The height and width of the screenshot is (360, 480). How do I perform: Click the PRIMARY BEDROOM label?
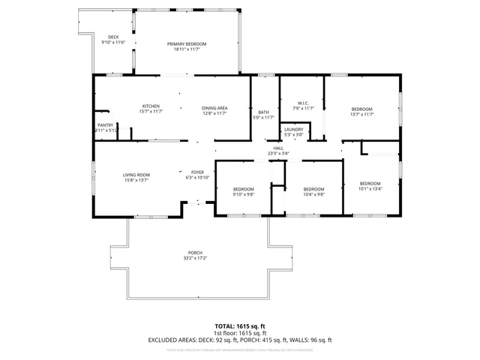pyautogui.click(x=186, y=44)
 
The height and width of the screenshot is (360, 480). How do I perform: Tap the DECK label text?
pyautogui.click(x=113, y=37)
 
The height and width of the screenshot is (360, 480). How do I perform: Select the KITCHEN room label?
pyautogui.click(x=151, y=106)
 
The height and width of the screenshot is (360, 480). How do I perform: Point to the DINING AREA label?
pyautogui.click(x=214, y=108)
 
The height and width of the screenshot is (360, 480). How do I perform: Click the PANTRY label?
pyautogui.click(x=105, y=125)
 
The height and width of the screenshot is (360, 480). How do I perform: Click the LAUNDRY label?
pyautogui.click(x=294, y=130)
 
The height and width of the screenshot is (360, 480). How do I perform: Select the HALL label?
pyautogui.click(x=278, y=148)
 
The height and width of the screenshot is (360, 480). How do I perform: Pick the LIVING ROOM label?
pyautogui.click(x=136, y=175)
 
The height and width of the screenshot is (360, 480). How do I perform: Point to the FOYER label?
pyautogui.click(x=196, y=172)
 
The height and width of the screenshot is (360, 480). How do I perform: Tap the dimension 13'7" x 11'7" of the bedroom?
pyautogui.click(x=361, y=114)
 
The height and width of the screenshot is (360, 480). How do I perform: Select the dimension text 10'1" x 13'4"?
pyautogui.click(x=370, y=189)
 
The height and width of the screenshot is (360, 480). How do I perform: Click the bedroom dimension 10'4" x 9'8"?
pyautogui.click(x=313, y=193)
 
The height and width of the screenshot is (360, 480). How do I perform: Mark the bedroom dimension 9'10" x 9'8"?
pyautogui.click(x=243, y=193)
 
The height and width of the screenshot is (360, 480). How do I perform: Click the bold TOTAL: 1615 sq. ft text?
pyautogui.click(x=240, y=326)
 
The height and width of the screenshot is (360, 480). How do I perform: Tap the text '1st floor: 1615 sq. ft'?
pyautogui.click(x=240, y=333)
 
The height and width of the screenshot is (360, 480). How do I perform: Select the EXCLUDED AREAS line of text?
pyautogui.click(x=240, y=340)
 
